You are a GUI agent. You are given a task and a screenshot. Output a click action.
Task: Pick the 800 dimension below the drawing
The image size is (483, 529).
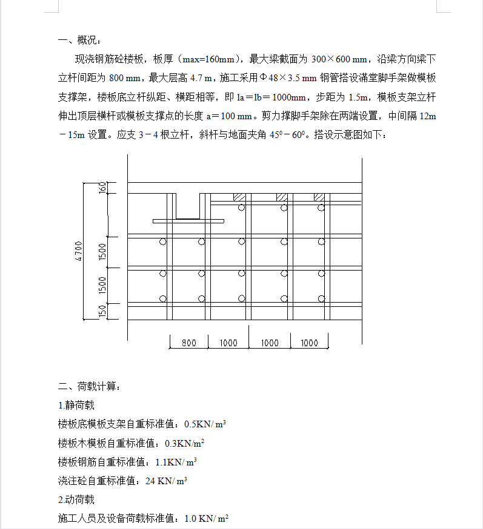pos(189,343)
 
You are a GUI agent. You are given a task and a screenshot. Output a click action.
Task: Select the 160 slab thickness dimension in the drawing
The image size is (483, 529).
pos(102,188)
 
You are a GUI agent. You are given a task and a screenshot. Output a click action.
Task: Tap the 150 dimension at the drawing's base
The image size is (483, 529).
pos(102,311)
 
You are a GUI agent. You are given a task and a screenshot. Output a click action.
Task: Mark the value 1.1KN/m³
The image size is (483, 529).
pos(176,462)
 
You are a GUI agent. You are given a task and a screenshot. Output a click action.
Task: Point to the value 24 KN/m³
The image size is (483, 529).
pos(166,481)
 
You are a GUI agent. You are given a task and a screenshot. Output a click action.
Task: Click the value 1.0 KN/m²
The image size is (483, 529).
pos(205,519)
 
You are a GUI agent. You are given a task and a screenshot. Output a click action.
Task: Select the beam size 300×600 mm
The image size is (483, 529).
pos(339,59)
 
